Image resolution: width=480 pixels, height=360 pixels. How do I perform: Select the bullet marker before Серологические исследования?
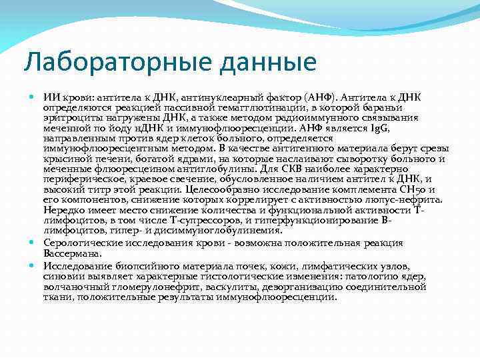(33, 243)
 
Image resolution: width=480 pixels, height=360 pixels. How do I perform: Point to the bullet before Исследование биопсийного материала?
(33, 265)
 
